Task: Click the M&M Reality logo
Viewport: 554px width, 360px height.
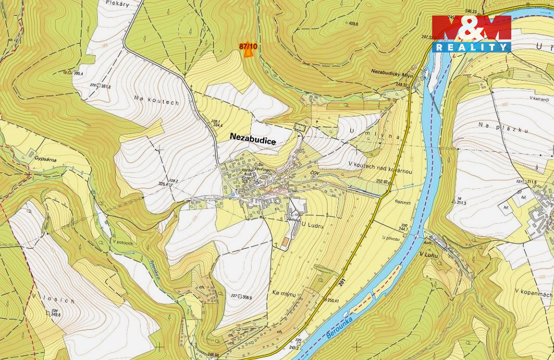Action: (x=471, y=33)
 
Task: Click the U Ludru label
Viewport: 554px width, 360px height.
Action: (x=313, y=225)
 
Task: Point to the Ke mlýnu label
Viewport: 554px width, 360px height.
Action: (x=284, y=294)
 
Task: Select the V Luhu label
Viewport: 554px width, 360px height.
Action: (x=429, y=254)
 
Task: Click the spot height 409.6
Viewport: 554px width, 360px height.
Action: (x=353, y=23)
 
